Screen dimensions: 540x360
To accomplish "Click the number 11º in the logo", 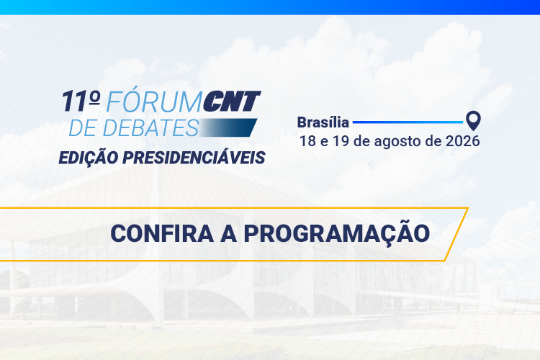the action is pyautogui.click(x=81, y=102).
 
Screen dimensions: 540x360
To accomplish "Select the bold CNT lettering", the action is pyautogui.click(x=231, y=102).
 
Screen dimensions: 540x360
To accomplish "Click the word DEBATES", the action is pyautogui.click(x=150, y=128).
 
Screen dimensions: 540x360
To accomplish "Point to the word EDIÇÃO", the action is pyautogui.click(x=89, y=158).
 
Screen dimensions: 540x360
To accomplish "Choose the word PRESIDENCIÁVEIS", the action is pyautogui.click(x=194, y=158).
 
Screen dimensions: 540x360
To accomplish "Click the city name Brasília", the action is pyautogui.click(x=323, y=122).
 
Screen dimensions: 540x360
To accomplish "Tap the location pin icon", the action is pyautogui.click(x=473, y=120).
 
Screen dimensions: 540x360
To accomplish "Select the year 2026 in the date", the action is pyautogui.click(x=462, y=141).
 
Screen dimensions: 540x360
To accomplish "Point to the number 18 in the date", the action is pyautogui.click(x=307, y=141).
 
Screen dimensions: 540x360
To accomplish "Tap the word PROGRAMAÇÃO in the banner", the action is pyautogui.click(x=336, y=234).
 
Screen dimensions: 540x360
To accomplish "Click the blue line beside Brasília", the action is pyautogui.click(x=408, y=122).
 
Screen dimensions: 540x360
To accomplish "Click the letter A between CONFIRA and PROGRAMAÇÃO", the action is pyautogui.click(x=228, y=233).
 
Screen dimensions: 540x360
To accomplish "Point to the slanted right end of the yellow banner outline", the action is pyautogui.click(x=456, y=234).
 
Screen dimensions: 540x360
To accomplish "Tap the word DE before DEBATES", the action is pyautogui.click(x=82, y=128).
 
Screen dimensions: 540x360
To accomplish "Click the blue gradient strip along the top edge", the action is pyautogui.click(x=270, y=7).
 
